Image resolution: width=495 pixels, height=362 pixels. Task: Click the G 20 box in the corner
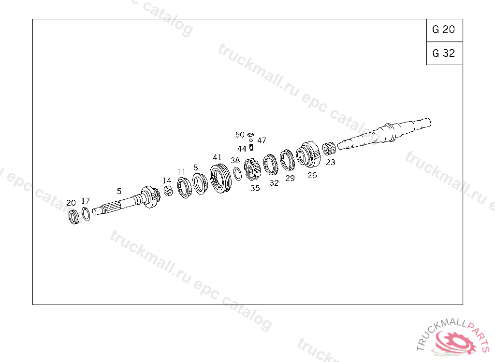(445, 30)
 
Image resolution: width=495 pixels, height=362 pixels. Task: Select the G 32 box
(445, 53)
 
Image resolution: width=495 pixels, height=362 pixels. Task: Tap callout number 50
(240, 135)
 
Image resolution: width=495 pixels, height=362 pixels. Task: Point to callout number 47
(262, 140)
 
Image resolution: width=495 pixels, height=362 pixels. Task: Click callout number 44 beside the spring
(242, 149)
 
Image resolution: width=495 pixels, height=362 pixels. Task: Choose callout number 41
(217, 157)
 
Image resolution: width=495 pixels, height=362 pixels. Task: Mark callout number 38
(235, 161)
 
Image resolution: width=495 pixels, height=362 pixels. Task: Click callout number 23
(331, 162)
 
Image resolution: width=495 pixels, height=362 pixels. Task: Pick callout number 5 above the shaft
(119, 192)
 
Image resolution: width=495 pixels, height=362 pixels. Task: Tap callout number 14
(167, 181)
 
